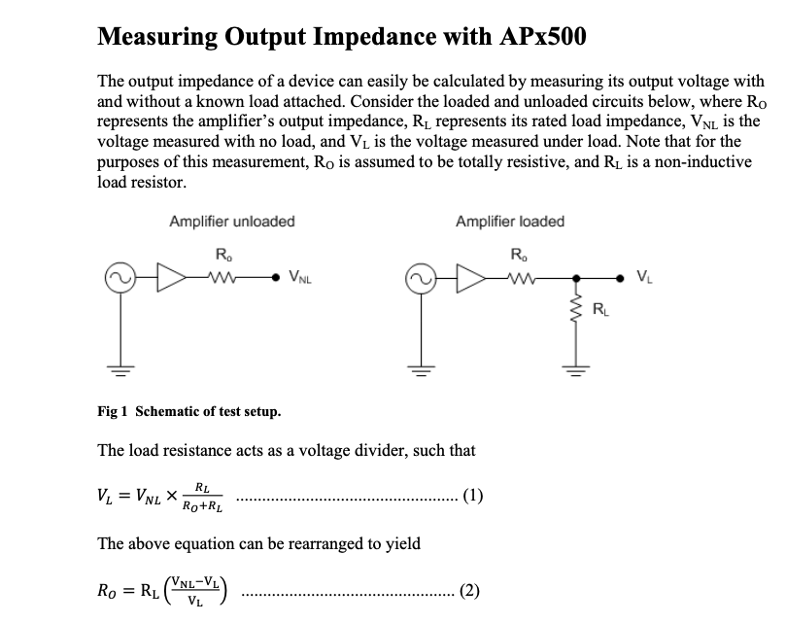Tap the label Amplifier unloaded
pos(231,222)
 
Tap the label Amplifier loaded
pos(509,222)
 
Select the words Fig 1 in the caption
pos(112,411)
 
